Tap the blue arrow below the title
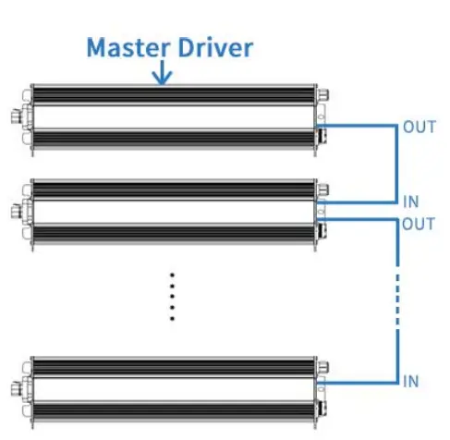[x=163, y=75]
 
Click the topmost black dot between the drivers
[x=172, y=275]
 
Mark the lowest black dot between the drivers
[x=172, y=319]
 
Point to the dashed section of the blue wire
[x=397, y=300]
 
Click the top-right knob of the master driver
[x=323, y=96]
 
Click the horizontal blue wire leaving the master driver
[x=360, y=126]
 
